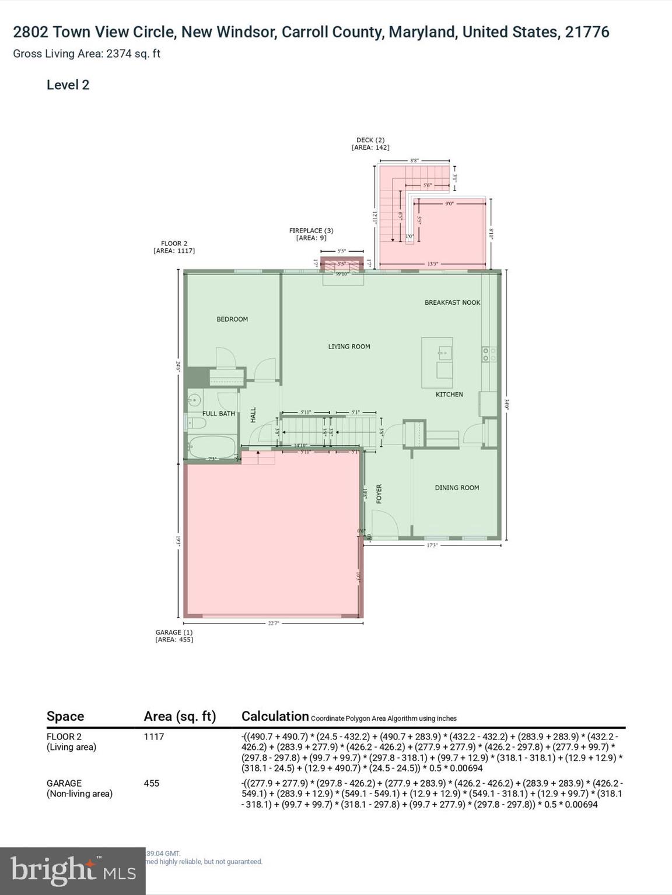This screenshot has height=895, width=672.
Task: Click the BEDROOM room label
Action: pos(232,319)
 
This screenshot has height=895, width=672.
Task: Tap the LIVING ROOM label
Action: pos(349,347)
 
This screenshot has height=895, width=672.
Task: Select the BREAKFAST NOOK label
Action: pos(452,302)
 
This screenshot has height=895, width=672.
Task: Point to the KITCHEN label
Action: pos(449,394)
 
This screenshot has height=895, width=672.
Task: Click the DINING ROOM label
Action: pos(457,488)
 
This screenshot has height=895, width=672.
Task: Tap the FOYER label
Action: pos(379,494)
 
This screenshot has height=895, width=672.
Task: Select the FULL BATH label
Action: pos(219,414)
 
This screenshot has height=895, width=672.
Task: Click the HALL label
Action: pos(253,415)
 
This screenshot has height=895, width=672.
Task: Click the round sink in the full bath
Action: pos(194,400)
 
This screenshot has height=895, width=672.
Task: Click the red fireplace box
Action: pos(342,265)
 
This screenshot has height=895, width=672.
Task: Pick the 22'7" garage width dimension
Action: pos(274,623)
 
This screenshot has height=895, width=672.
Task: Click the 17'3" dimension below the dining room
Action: pos(432,546)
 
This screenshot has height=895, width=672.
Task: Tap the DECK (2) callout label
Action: pos(370,144)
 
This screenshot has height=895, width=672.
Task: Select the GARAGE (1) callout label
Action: pos(174,636)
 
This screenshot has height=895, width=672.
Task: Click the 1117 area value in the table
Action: pos(154,737)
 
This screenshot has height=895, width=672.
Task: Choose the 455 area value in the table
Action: pos(152,783)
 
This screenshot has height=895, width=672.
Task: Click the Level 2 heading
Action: pos(68,85)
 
